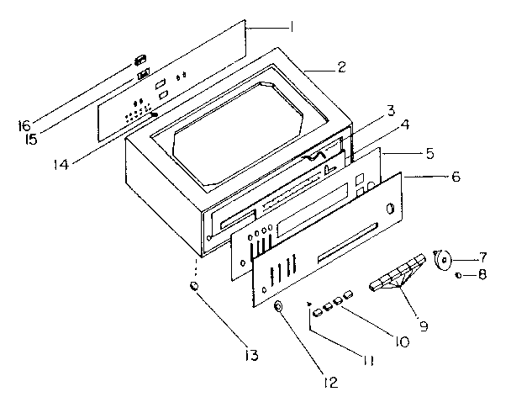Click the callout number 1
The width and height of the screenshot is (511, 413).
[x=291, y=27]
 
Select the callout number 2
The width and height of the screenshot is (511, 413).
[x=340, y=68]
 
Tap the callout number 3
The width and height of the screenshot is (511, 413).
[x=391, y=109]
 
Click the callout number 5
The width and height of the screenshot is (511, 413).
[x=430, y=154]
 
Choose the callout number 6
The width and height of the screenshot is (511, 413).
[x=456, y=177]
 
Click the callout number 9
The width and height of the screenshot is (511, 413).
[x=424, y=324]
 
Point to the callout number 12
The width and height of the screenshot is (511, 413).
[x=329, y=383]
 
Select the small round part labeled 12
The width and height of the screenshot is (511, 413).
[x=278, y=311]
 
